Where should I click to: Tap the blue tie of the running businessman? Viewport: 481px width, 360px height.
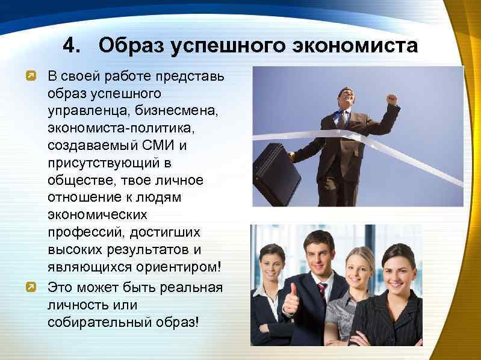(x=344, y=117)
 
